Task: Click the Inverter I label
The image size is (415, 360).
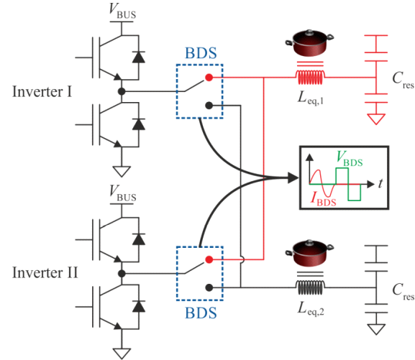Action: coord(42,91)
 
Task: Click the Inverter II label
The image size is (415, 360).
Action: coord(45,272)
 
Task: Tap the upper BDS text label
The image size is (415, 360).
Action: coord(201,53)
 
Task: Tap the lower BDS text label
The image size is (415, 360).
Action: coord(201,313)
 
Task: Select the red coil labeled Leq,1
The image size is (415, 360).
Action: coord(310,77)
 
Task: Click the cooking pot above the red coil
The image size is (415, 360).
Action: coord(309,43)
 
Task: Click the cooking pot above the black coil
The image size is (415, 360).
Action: coord(309,253)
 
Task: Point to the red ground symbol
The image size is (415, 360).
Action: coord(376,119)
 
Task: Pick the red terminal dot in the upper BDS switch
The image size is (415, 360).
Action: coord(209,77)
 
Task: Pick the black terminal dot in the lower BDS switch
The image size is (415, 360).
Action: coord(209,287)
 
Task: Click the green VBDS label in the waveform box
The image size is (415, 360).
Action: coord(350,159)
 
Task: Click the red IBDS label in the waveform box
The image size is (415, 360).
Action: coord(323,199)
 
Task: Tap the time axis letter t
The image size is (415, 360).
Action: coord(380,183)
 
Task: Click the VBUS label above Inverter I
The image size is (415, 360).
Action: coord(122,11)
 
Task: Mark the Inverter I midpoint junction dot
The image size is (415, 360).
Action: coord(122,91)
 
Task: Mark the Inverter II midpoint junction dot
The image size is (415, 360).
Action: coord(122,274)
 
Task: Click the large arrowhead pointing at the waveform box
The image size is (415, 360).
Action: coord(293,177)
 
